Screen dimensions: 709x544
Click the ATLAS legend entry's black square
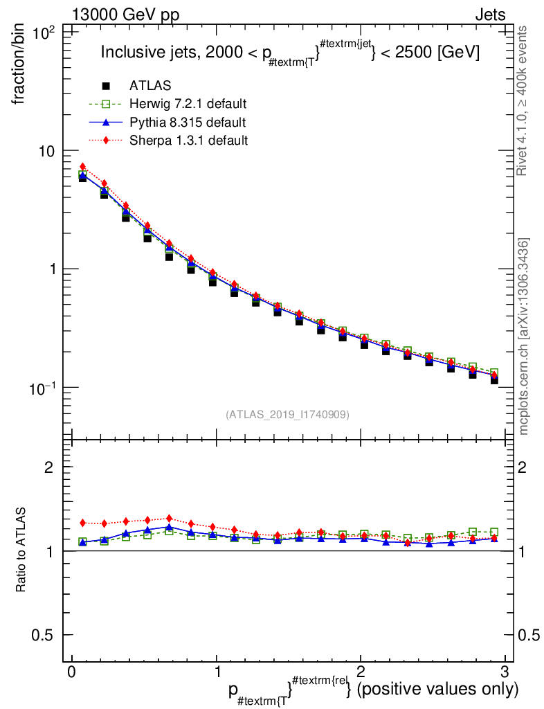(107, 86)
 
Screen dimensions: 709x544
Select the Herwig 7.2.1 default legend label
(188, 104)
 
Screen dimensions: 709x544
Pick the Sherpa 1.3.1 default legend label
(188, 140)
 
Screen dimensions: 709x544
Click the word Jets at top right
(489, 15)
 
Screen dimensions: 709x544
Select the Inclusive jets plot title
(290, 53)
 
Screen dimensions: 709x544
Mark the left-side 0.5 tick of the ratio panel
(46, 635)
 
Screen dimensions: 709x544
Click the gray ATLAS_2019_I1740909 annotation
(287, 415)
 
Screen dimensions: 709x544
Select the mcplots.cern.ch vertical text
(524, 336)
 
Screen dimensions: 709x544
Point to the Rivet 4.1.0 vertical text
(524, 100)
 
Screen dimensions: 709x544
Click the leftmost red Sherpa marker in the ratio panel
(83, 523)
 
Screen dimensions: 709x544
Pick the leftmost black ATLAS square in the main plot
(83, 178)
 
